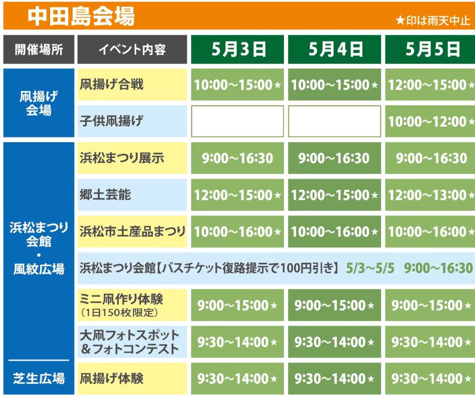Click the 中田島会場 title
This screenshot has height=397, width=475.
tap(81, 16)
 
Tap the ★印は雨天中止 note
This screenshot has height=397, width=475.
tap(433, 21)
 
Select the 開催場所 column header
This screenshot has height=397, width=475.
tap(39, 50)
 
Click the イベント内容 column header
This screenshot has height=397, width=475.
tap(132, 50)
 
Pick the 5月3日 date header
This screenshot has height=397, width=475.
tap(239, 49)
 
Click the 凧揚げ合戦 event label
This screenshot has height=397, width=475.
tap(111, 84)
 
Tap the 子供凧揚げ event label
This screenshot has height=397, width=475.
tap(111, 121)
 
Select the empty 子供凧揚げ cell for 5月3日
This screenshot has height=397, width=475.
tap(237, 121)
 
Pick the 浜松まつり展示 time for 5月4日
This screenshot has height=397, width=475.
tap(334, 158)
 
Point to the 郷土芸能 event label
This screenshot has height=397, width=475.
tap(105, 195)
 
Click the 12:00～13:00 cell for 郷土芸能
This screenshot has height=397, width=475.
tap(430, 195)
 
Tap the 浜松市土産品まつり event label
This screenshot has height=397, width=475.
tap(132, 232)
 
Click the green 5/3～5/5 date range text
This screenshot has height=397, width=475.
tap(370, 268)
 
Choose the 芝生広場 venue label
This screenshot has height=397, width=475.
tap(39, 378)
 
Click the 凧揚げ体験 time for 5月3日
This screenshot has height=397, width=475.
tap(237, 378)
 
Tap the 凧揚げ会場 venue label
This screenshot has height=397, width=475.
tap(39, 103)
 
